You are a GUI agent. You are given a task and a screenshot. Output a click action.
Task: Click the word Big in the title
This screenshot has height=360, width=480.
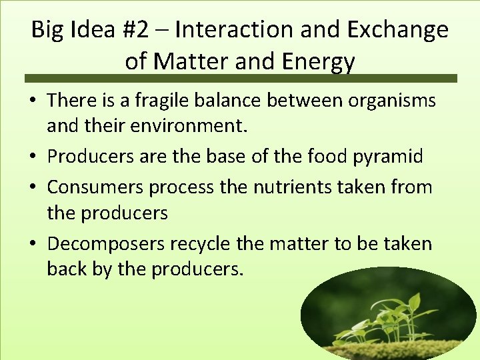[46, 30]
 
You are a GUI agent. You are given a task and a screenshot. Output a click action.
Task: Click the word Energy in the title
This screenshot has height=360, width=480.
[318, 61]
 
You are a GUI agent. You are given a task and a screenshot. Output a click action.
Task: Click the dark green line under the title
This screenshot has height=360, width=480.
[240, 79]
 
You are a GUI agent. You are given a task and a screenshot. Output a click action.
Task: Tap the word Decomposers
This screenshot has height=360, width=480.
[106, 244]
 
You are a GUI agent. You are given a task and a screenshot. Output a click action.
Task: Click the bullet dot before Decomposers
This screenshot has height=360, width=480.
[34, 245]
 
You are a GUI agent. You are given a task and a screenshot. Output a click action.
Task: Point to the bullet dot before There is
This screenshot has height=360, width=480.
[34, 101]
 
